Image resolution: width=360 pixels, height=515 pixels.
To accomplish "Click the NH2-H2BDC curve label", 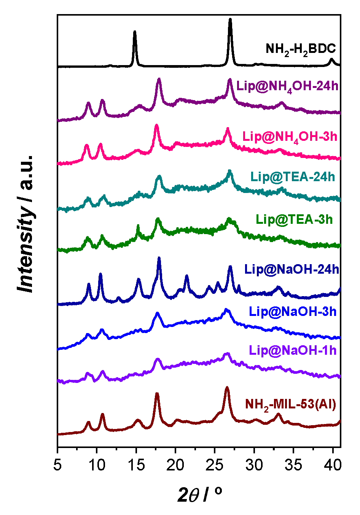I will tap(301, 49).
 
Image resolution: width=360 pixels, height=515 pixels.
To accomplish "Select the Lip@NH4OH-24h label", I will tap(287, 86).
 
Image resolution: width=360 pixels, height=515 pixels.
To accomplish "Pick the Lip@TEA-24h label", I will tap(293, 177).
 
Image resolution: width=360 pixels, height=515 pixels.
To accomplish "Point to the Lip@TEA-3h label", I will tap(294, 219).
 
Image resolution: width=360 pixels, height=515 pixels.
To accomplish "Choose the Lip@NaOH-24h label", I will tap(292, 269).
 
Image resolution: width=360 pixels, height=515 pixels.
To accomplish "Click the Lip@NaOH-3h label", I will tap(293, 311).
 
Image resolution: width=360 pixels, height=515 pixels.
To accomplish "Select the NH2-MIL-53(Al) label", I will tap(291, 405).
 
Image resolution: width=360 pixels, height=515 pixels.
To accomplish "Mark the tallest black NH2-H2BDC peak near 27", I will tap(230, 20).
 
